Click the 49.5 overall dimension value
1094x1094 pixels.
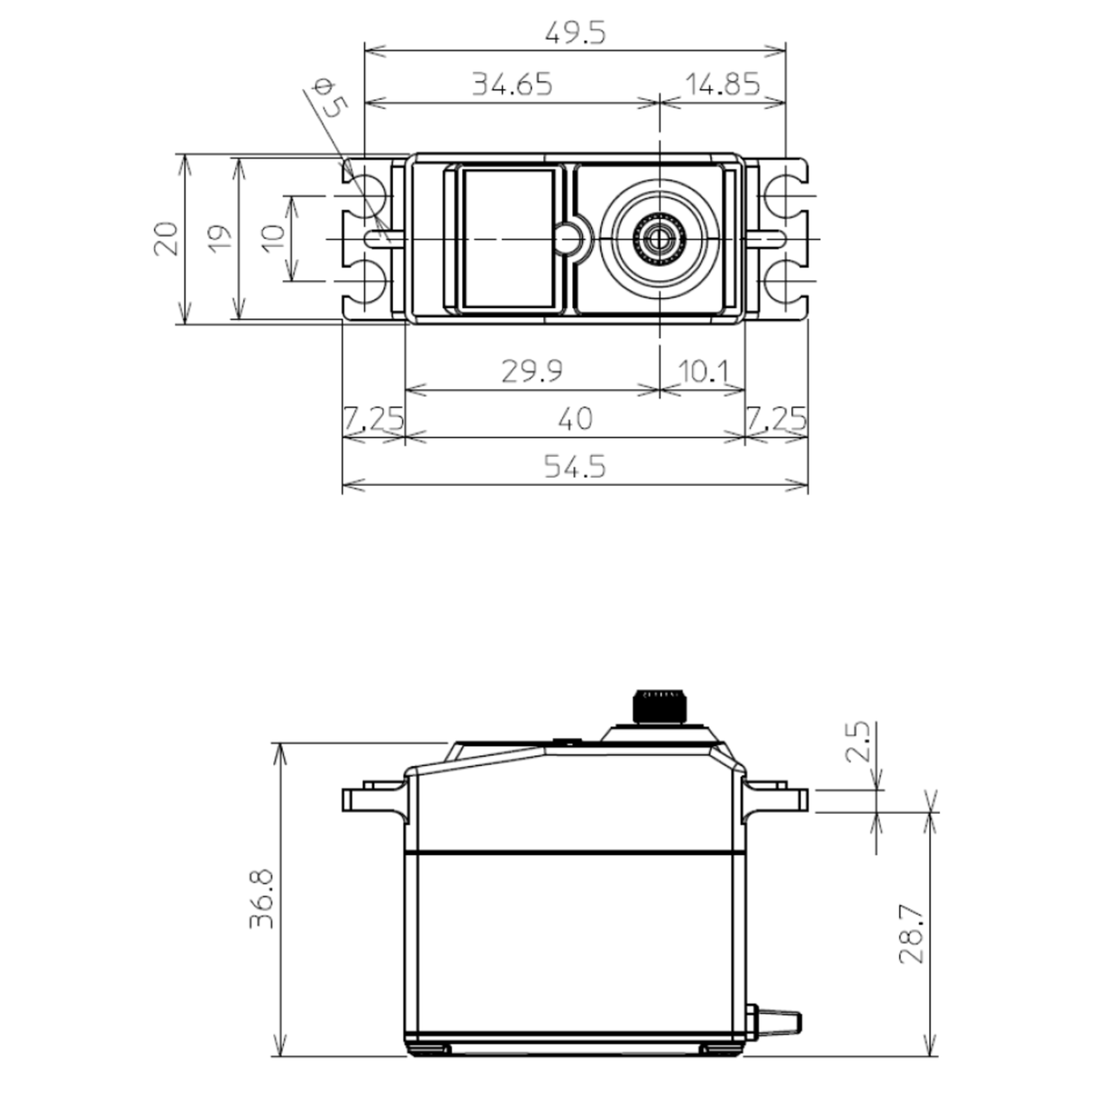tap(575, 33)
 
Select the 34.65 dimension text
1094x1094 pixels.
tap(511, 85)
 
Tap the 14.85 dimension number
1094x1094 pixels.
tap(723, 85)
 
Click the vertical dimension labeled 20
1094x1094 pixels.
tap(165, 240)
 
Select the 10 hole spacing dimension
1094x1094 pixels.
tap(274, 238)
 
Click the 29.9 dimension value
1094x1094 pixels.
tap(533, 371)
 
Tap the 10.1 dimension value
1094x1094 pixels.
tap(703, 371)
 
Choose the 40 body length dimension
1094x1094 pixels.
tap(575, 419)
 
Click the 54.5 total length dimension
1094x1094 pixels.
tap(575, 467)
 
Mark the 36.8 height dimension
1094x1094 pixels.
tap(262, 898)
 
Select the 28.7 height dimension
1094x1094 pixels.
tap(912, 934)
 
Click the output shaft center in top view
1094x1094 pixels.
tap(661, 239)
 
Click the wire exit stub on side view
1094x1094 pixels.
tap(777, 1020)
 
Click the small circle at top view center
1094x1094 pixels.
tap(567, 239)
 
